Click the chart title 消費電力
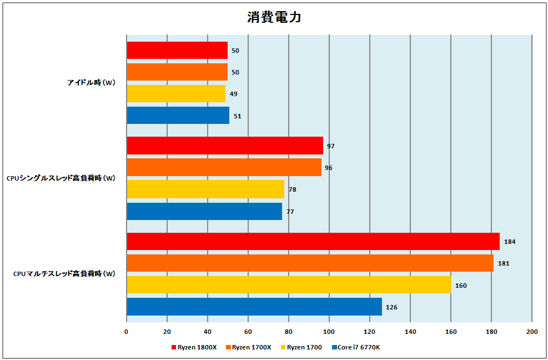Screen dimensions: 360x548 pos(274,17)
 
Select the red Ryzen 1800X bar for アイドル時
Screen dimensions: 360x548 pos(177,51)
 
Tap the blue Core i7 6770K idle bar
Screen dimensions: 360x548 pos(178,116)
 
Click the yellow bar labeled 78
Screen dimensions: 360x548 pos(205,189)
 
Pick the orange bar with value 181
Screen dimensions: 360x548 pos(310,263)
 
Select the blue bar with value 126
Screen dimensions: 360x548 pos(254,307)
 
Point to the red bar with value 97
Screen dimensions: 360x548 pos(225,146)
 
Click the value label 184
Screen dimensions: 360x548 pos(509,242)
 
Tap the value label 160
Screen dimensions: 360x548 pos(461,286)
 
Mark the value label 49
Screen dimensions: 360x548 pos(234,94)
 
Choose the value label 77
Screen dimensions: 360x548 pos(290,212)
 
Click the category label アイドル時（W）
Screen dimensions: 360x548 pos(92,83)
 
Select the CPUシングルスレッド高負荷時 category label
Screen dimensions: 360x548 pos(61,178)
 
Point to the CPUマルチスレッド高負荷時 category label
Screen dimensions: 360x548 pos(64,274)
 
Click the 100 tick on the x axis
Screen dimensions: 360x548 pos(329,332)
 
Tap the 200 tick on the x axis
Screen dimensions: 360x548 pos(532,332)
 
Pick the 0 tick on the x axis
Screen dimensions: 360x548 pos(127,332)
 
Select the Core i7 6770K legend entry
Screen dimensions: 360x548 pos(355,347)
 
